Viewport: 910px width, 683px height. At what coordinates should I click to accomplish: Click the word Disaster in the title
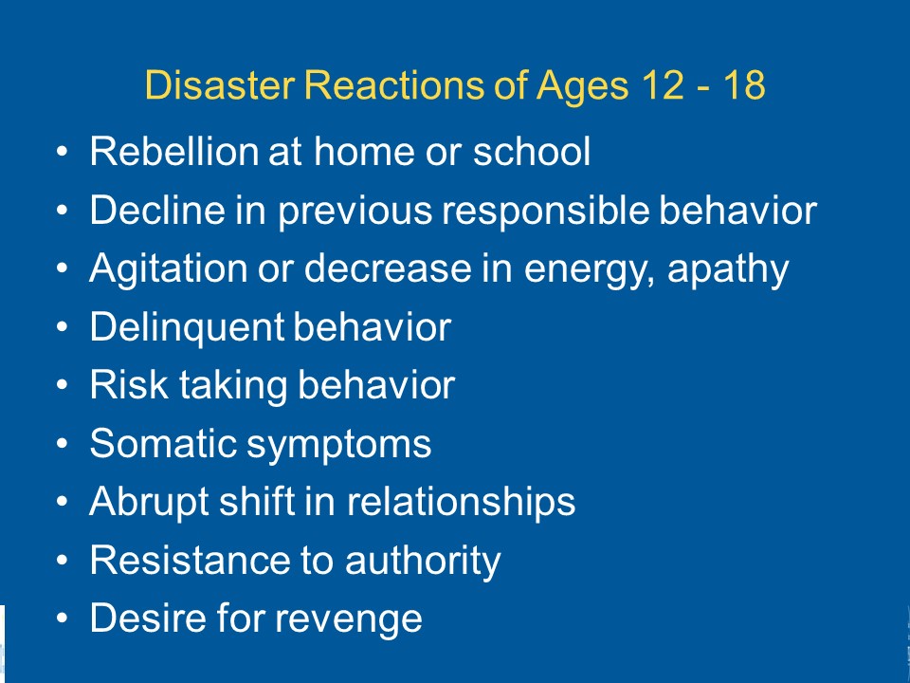pyautogui.click(x=220, y=84)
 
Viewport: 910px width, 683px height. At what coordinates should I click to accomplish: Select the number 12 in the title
pyautogui.click(x=663, y=84)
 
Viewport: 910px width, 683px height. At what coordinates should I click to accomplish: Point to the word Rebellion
pyautogui.click(x=173, y=151)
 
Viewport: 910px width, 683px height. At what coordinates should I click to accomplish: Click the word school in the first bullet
pyautogui.click(x=532, y=151)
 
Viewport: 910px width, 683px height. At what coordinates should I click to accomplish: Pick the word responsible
pyautogui.click(x=545, y=212)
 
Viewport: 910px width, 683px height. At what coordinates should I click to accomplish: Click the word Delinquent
pyautogui.click(x=187, y=327)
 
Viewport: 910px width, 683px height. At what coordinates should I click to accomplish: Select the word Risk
pyautogui.click(x=129, y=384)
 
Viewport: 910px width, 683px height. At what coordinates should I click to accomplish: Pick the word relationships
pyautogui.click(x=461, y=503)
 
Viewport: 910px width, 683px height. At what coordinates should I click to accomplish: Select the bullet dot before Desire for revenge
pyautogui.click(x=63, y=618)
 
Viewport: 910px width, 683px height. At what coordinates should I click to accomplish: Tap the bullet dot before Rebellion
pyautogui.click(x=63, y=152)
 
